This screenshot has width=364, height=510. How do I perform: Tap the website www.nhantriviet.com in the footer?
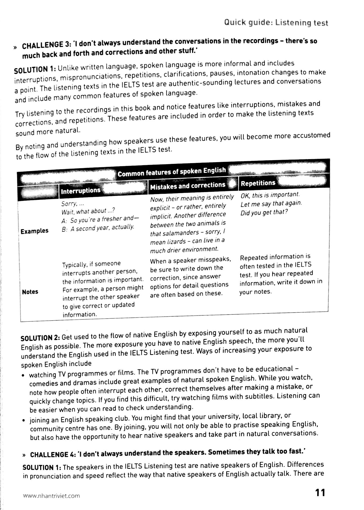coord(51,496)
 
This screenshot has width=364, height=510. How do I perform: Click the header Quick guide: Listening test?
coord(276,23)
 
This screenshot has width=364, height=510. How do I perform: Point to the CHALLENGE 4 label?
coord(52,455)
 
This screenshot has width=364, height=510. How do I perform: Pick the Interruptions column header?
coord(81,190)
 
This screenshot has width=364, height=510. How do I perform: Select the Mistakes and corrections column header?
coord(187,186)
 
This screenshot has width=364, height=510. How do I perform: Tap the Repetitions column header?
coord(258,183)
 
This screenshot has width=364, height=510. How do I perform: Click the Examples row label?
coord(34,231)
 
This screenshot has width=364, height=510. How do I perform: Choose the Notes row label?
coord(30,292)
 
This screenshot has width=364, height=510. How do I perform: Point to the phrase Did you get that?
coord(264,212)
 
